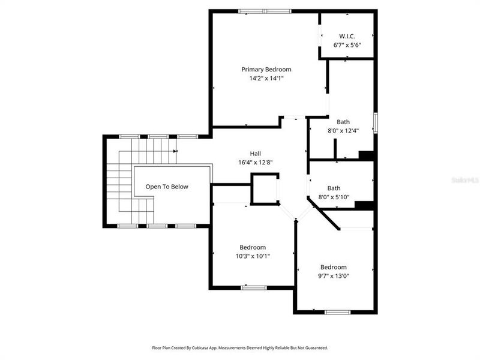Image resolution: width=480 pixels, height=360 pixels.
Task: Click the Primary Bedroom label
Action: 266,70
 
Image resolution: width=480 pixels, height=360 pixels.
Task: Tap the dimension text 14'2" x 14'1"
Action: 266,79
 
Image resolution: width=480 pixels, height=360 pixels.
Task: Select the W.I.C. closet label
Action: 347,36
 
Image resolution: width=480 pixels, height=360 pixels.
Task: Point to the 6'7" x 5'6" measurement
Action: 347,45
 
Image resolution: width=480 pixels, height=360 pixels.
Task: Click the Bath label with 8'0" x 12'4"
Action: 343,122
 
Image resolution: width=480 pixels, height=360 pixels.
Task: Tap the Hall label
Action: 256,154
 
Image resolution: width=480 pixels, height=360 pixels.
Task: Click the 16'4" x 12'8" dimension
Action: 256,163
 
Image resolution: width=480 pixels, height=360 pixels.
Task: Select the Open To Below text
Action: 167,187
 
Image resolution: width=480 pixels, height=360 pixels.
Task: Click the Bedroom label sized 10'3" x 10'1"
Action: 253,247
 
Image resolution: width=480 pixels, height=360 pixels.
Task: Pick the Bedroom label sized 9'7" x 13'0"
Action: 333,267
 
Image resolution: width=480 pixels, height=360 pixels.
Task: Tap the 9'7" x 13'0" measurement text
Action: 333,276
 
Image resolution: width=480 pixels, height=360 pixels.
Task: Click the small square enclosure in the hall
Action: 264,189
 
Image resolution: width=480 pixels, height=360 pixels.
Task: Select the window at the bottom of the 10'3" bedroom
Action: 253,287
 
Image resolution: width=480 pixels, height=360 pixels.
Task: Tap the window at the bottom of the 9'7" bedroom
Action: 337,312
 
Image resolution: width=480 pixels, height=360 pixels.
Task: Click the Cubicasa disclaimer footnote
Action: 239,347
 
